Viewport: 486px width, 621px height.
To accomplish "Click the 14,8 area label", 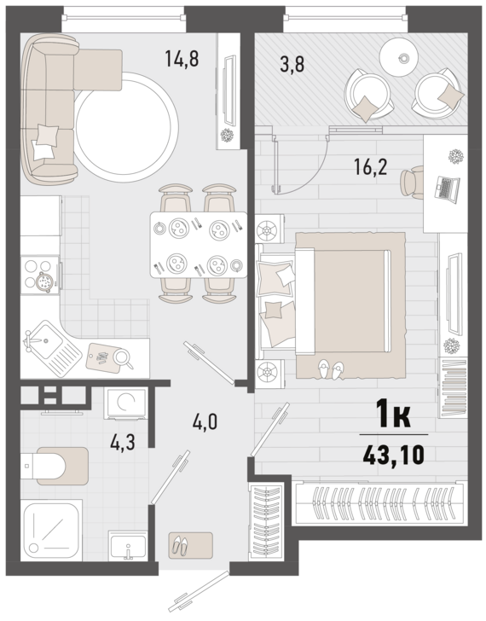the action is tap(182, 59).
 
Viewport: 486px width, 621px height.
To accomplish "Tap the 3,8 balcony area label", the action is tap(292, 65).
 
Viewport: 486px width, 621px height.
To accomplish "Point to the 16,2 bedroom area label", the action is tap(370, 166).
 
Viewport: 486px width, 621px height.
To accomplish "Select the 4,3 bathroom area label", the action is tap(123, 442).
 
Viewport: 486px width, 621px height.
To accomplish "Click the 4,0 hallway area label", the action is tap(205, 422).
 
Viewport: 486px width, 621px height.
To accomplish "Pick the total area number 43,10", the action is tap(393, 455).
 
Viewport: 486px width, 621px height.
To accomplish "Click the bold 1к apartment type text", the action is tap(393, 414).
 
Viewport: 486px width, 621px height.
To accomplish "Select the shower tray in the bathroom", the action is tap(52, 531).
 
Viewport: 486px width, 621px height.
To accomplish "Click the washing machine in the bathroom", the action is tap(125, 403).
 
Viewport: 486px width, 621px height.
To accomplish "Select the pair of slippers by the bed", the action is tap(331, 369).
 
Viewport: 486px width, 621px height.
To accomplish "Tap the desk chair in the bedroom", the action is tap(412, 183).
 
